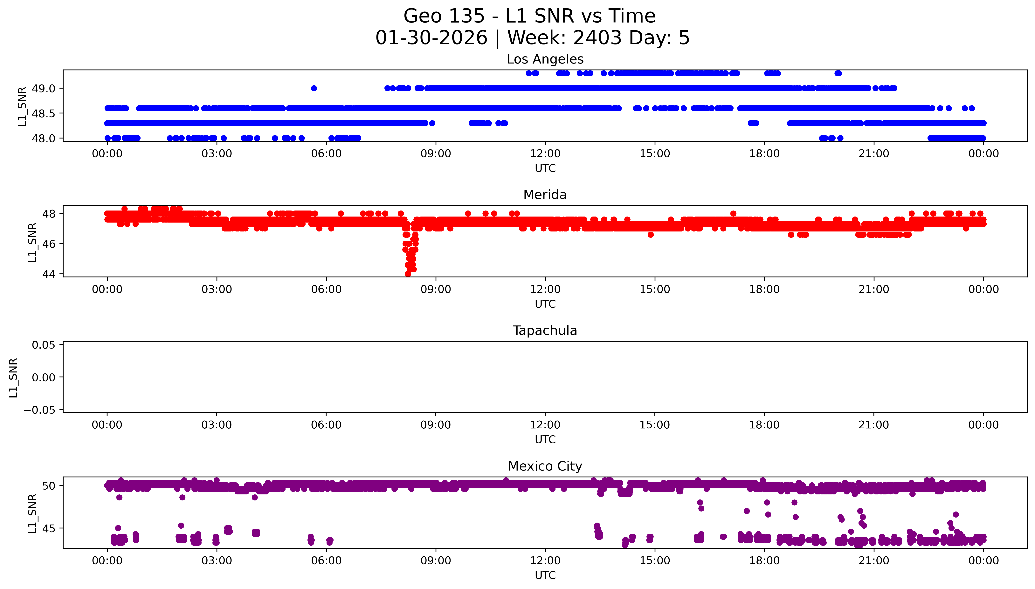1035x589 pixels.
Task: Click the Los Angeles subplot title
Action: coord(545,59)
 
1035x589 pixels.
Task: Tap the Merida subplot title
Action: coord(545,195)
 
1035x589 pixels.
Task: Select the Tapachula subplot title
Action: coord(545,331)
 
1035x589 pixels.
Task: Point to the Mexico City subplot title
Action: coord(545,466)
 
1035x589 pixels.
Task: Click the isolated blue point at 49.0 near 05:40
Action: coord(314,88)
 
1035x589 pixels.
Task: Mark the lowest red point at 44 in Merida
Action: coord(408,274)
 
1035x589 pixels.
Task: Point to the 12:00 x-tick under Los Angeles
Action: coord(545,154)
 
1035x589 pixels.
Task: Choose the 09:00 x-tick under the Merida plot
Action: coord(436,289)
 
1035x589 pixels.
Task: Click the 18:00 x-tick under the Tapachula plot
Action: coord(764,425)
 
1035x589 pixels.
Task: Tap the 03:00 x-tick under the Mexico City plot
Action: coord(217,561)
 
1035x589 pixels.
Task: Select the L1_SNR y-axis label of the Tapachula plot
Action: coord(13,378)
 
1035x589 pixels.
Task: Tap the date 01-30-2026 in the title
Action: coord(431,38)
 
